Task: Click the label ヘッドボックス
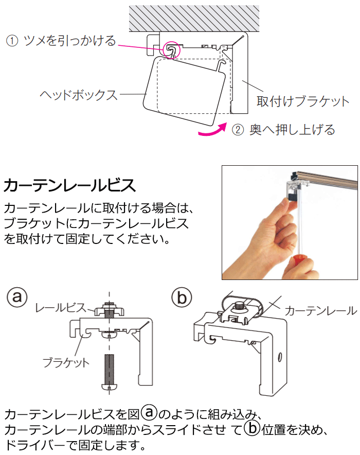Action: [x=78, y=95]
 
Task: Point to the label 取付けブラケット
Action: [x=302, y=101]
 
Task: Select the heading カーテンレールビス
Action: [x=70, y=184]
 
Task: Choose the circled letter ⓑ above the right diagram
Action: [x=181, y=297]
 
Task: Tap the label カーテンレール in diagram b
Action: [x=320, y=310]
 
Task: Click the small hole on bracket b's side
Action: [x=279, y=356]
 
